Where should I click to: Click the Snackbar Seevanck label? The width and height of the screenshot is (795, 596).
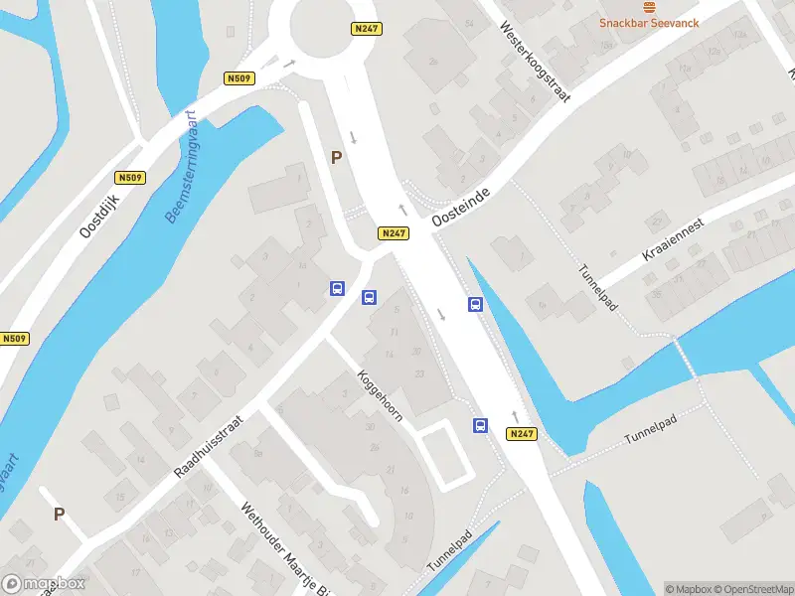coord(649,23)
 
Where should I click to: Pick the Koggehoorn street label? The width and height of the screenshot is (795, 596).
coord(381,395)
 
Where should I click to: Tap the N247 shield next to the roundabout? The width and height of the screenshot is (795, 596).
coord(366,30)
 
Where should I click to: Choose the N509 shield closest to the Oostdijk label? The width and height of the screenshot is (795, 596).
coord(129,178)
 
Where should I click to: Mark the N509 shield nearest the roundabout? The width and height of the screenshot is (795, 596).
coord(239,78)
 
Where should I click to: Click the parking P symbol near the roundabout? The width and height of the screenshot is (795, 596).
coord(336,157)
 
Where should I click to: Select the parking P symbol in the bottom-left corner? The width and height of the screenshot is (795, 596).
coord(59,514)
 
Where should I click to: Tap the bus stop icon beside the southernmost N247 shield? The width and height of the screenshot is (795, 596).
coord(480,426)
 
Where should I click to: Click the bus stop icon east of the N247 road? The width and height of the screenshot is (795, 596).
coord(476,305)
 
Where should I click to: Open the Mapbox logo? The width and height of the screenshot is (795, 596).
coord(44,584)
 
